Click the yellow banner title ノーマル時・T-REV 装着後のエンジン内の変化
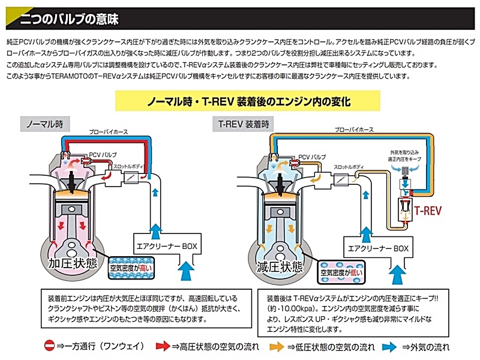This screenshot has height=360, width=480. (249, 101)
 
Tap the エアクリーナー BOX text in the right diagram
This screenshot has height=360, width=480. (376, 247)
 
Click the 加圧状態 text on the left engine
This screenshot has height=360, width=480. (73, 265)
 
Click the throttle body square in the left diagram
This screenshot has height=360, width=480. (130, 178)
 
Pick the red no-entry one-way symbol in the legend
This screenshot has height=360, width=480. (50, 346)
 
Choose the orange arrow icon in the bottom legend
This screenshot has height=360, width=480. (277, 346)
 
